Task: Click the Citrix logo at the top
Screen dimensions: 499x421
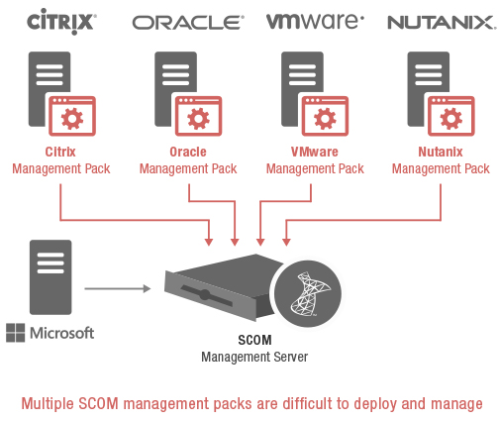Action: point(61,22)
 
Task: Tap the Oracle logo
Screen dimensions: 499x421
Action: point(188,23)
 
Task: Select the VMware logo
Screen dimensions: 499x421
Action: point(315,22)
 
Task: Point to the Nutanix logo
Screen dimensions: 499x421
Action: point(442,23)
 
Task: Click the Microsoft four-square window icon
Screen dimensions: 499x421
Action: point(16,333)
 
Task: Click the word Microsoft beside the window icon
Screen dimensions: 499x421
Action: point(62,333)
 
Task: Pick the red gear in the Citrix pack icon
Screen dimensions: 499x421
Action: point(72,119)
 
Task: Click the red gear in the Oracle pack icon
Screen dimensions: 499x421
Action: point(198,119)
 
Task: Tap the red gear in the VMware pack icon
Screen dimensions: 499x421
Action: point(325,119)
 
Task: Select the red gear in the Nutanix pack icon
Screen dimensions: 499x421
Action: point(451,119)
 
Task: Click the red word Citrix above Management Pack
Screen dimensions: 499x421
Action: point(60,152)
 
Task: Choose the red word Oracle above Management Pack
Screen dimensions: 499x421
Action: point(188,152)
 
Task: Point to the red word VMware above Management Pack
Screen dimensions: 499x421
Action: point(315,152)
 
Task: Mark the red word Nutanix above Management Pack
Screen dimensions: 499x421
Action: point(441,152)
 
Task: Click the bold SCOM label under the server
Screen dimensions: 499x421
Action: point(254,340)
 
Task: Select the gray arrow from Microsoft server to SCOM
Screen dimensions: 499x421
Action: point(118,288)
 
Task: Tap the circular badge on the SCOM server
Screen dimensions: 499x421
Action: point(308,293)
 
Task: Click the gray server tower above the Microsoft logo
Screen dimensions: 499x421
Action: point(50,277)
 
